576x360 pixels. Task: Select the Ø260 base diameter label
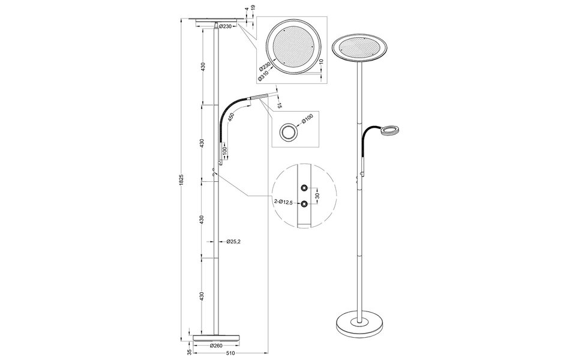(x=217, y=346)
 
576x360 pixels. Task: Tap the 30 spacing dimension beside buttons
(x=317, y=195)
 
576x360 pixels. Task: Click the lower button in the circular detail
(x=305, y=203)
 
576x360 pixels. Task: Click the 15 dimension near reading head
(x=280, y=106)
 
